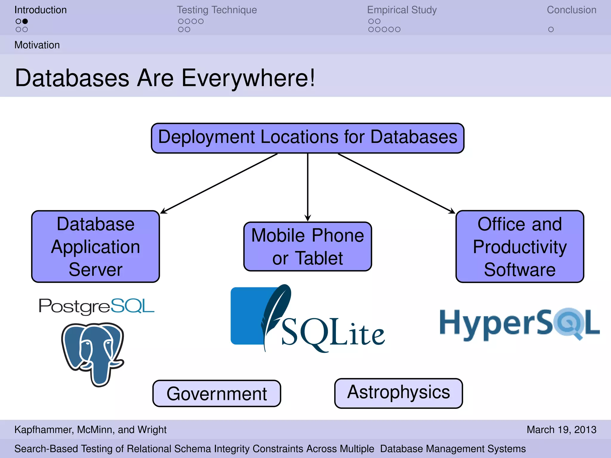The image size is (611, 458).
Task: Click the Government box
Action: (x=217, y=393)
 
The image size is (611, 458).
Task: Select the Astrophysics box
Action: (x=398, y=393)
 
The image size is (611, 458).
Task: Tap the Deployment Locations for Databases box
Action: (x=308, y=138)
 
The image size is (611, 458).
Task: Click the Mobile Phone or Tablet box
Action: (x=308, y=246)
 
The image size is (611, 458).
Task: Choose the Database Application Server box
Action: (x=95, y=246)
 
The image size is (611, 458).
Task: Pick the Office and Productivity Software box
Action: (x=519, y=246)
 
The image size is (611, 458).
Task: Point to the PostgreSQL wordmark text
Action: (x=96, y=306)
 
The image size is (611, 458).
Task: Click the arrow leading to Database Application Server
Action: (x=219, y=183)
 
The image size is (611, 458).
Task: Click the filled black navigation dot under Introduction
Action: (x=25, y=21)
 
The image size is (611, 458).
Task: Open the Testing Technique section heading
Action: (x=217, y=10)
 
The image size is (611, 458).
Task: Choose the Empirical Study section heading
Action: (x=402, y=10)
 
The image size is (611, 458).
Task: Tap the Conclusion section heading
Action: (x=571, y=10)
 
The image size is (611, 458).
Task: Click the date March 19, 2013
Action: (x=561, y=429)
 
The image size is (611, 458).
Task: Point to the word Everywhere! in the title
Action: (x=248, y=78)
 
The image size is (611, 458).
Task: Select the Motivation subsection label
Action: (x=37, y=45)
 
